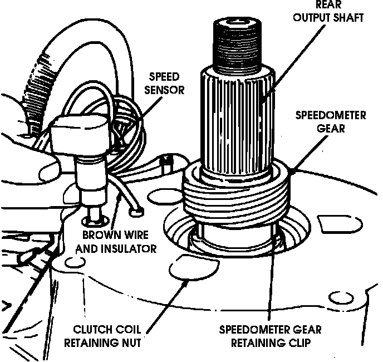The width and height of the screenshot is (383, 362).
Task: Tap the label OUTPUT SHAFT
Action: click(328, 17)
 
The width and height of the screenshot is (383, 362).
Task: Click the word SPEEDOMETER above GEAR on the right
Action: click(330, 115)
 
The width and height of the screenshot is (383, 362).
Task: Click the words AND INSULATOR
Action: click(116, 248)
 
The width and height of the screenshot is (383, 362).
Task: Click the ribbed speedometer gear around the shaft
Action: click(236, 195)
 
